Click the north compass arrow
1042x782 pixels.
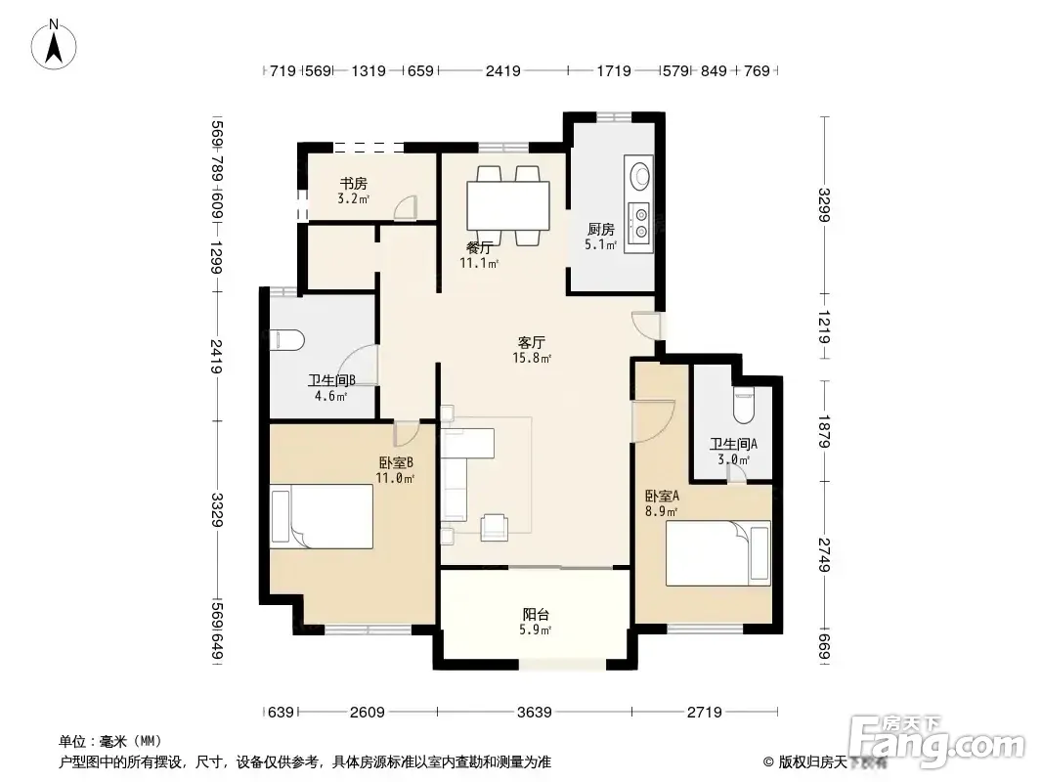coord(54,47)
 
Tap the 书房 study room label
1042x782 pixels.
coord(353,184)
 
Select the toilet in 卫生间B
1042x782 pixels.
coord(287,340)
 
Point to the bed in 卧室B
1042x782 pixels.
coord(321,516)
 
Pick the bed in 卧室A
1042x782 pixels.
coord(717,553)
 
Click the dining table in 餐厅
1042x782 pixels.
coord(508,205)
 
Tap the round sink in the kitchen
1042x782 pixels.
coord(640,175)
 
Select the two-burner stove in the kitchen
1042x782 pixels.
coord(640,224)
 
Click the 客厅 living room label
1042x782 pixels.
coord(532,342)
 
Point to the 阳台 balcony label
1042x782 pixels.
coord(536,615)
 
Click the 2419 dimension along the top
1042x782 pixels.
coord(503,70)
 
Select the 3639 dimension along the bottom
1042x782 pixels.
coord(535,713)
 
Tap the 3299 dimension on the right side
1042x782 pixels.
coord(824,205)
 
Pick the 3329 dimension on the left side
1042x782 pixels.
coord(217,509)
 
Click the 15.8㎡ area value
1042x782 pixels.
coord(532,358)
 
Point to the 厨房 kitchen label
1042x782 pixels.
coord(601,229)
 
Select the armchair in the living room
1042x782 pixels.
coord(494,526)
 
